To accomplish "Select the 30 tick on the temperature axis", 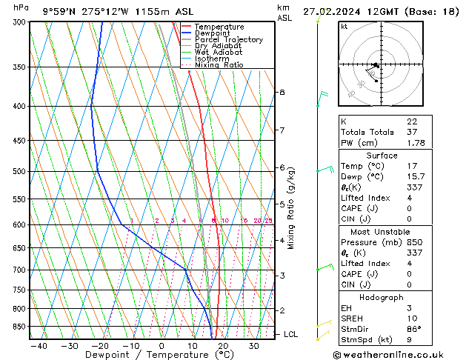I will tap(253, 345).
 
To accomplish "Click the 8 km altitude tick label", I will tap(282, 92).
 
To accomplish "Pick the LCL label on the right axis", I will tap(291, 334).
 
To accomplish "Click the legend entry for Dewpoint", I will tap(213, 33).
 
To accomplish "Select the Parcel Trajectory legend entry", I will tap(228, 40).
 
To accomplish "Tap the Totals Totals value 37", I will tap(412, 132).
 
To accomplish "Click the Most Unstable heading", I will tap(382, 232).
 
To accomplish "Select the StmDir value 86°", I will tap(414, 329).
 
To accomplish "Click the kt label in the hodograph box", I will tap(344, 27).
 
